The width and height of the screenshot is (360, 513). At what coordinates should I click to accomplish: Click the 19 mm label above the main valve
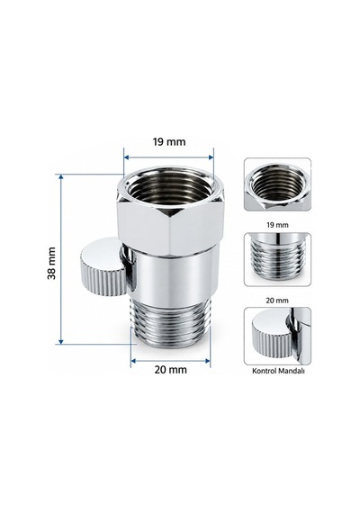point(169,142)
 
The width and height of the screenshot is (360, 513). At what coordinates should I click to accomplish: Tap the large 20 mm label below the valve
point(170,370)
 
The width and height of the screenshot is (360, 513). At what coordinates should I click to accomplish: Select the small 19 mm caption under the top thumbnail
point(277,225)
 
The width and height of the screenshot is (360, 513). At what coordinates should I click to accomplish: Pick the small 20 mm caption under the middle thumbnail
point(277,300)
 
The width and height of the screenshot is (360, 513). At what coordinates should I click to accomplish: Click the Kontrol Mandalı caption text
point(278,371)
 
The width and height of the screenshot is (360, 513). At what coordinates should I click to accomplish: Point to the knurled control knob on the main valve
point(103,267)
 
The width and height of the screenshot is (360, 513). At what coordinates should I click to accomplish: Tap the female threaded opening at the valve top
point(170,184)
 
